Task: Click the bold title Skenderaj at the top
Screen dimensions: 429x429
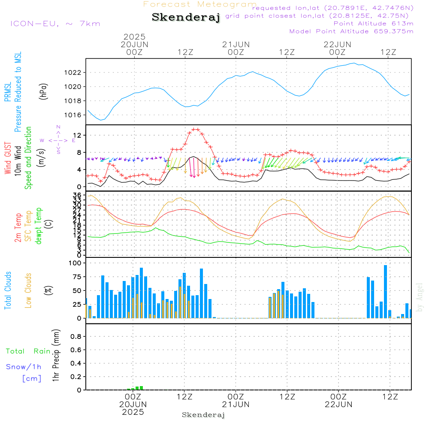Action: point(186,18)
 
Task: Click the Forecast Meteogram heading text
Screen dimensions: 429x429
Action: point(200,4)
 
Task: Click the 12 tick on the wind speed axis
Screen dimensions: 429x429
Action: point(79,136)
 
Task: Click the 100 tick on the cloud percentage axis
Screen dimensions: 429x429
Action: point(76,263)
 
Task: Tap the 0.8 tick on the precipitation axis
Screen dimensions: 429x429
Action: point(76,337)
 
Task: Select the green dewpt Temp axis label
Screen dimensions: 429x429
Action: point(39,226)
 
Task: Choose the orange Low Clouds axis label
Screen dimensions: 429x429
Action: point(28,290)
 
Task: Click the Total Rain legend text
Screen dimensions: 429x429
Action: point(28,351)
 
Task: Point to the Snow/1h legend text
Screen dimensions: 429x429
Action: point(24,367)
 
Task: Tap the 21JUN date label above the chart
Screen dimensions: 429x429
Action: point(236,44)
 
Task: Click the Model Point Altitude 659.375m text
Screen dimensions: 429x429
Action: point(351,31)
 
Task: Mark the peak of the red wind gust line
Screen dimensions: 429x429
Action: point(196,129)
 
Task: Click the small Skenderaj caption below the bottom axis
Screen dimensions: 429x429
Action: point(203,415)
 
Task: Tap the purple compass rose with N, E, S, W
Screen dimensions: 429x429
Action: point(58,140)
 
